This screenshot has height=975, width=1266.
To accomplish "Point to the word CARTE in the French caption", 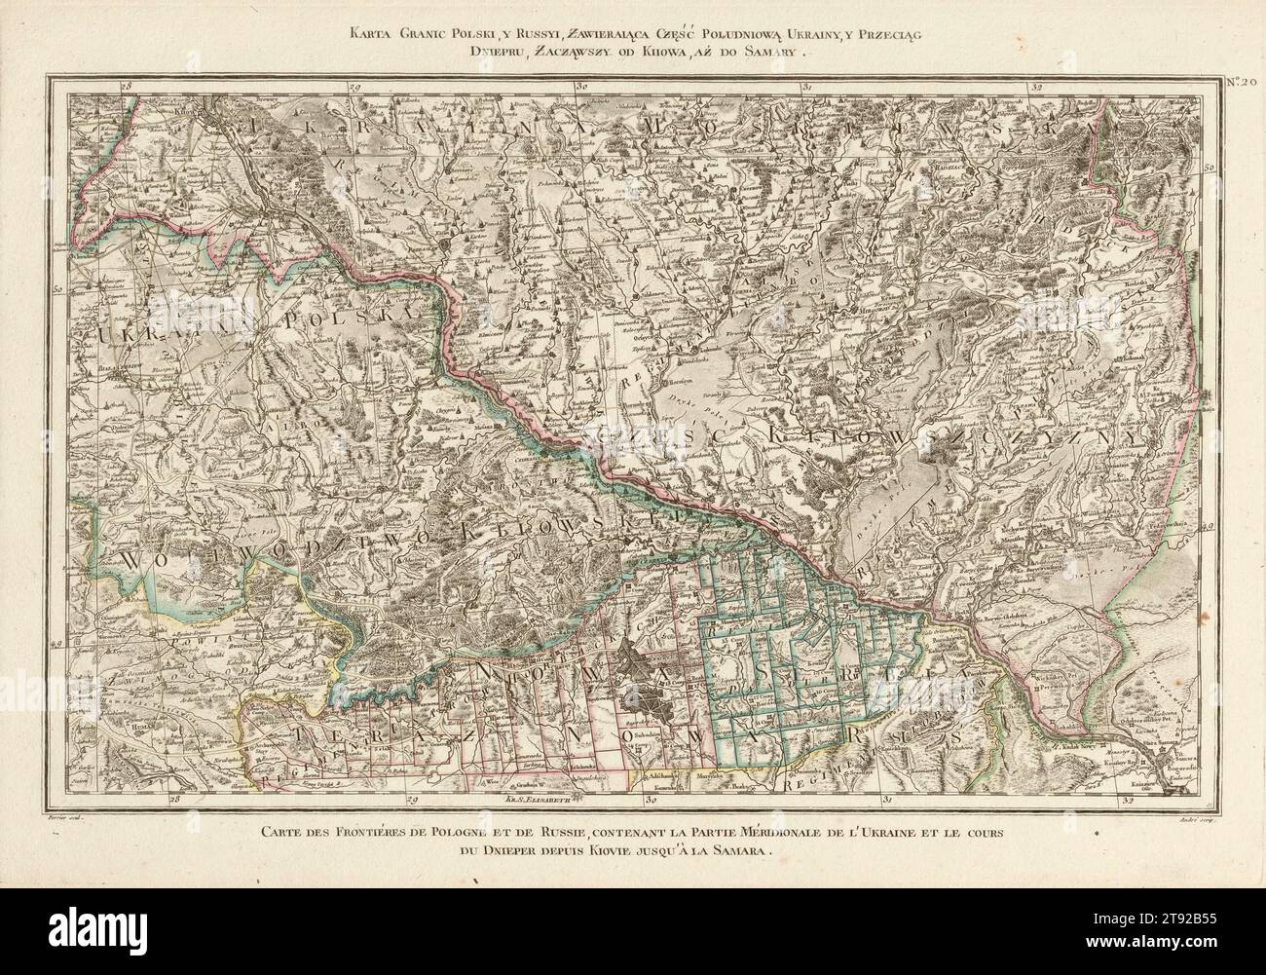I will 288,831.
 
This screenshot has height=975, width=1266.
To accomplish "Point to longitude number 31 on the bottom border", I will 887,801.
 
